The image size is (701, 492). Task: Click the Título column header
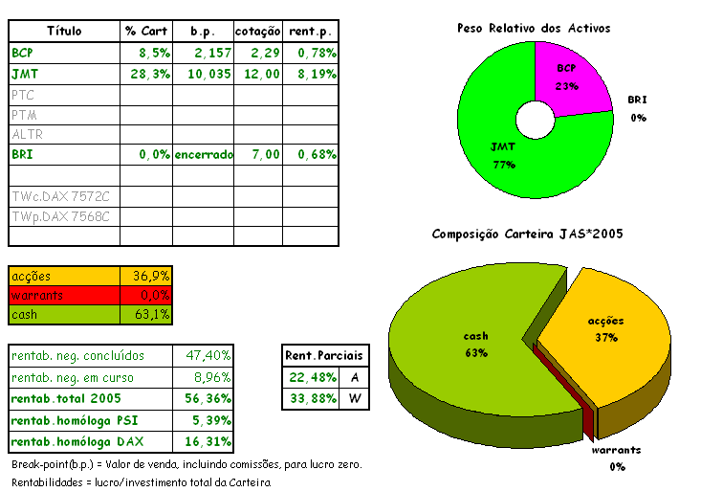pyautogui.click(x=64, y=31)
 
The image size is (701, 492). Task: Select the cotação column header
pyautogui.click(x=257, y=31)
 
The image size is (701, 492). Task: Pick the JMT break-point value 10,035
pyautogui.click(x=206, y=73)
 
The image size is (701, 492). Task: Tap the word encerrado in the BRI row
pyautogui.click(x=203, y=154)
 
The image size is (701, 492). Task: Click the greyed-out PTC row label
pyautogui.click(x=23, y=94)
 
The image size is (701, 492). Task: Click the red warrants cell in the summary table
pyautogui.click(x=64, y=295)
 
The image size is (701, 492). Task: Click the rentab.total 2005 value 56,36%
pyautogui.click(x=208, y=399)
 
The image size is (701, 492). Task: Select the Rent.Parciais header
pyautogui.click(x=324, y=355)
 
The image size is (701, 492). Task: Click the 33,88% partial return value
pyautogui.click(x=309, y=398)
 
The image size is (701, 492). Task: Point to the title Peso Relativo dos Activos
pyautogui.click(x=534, y=28)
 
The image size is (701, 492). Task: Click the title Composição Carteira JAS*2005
pyautogui.click(x=528, y=234)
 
